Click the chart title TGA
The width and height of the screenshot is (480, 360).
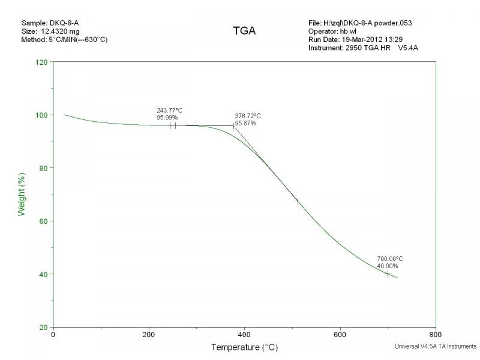click(x=244, y=31)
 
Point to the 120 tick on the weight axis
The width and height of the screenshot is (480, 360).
click(x=41, y=62)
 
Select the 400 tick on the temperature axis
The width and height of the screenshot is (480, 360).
click(x=244, y=335)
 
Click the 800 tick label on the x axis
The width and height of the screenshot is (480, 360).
click(x=436, y=335)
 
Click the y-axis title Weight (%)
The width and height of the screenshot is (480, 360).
click(x=22, y=194)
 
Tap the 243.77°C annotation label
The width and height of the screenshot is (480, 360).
click(x=170, y=110)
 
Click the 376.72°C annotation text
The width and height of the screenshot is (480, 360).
click(x=248, y=116)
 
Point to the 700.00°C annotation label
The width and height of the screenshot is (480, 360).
click(x=390, y=259)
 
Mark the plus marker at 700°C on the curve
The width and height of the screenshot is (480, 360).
click(x=388, y=274)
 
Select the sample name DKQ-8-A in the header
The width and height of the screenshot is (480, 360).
click(x=62, y=23)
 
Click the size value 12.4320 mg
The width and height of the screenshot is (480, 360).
click(x=61, y=31)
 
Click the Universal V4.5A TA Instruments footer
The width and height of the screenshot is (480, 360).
click(x=436, y=346)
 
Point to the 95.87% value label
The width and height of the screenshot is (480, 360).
click(x=245, y=123)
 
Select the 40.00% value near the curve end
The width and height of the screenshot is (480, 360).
click(x=387, y=266)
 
